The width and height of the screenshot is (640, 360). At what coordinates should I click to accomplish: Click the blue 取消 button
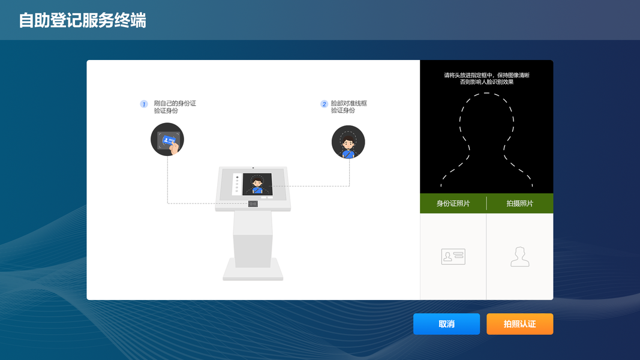coord(446,324)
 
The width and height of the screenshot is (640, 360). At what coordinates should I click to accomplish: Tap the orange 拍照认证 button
coord(519,324)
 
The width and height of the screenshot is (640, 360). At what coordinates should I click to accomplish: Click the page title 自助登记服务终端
coord(83,20)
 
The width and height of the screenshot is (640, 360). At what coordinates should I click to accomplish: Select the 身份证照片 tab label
coord(453,204)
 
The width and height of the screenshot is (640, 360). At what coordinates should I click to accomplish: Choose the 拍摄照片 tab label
coord(519,204)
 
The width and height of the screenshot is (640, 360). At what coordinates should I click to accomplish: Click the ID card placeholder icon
coord(453,257)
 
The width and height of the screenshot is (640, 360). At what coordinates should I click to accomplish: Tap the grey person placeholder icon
coord(519,257)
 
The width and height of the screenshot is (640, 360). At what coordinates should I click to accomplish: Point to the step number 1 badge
coord(144,104)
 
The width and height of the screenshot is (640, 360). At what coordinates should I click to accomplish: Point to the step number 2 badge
coord(324,104)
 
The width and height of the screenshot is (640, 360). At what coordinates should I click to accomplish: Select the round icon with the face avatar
coord(348,142)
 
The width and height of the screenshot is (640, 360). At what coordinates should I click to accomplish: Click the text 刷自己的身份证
coord(175,103)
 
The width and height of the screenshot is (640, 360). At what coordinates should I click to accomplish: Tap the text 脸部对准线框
coord(348,103)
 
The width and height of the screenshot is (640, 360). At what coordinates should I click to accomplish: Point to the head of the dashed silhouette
coord(486,119)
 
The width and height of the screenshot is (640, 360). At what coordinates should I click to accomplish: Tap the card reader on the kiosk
coord(253,204)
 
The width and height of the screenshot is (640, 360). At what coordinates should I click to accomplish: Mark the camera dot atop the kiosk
coord(253,167)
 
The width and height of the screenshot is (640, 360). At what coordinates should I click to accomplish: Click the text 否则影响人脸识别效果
coord(486,82)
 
